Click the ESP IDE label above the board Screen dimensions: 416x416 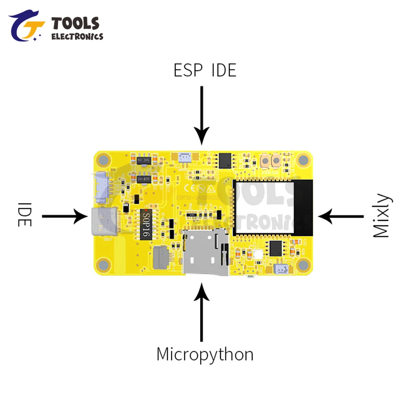tap(205, 70)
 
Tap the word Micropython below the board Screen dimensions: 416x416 tap(205, 354)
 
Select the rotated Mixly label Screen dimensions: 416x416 tap(381, 215)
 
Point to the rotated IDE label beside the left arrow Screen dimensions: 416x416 tap(25, 215)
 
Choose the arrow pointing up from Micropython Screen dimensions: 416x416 tap(202, 312)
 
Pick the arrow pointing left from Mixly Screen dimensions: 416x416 tap(341, 216)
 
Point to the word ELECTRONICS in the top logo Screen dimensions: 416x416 tap(77, 37)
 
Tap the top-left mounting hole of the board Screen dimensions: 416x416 tap(103, 160)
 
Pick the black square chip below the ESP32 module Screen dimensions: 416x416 tap(275, 248)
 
